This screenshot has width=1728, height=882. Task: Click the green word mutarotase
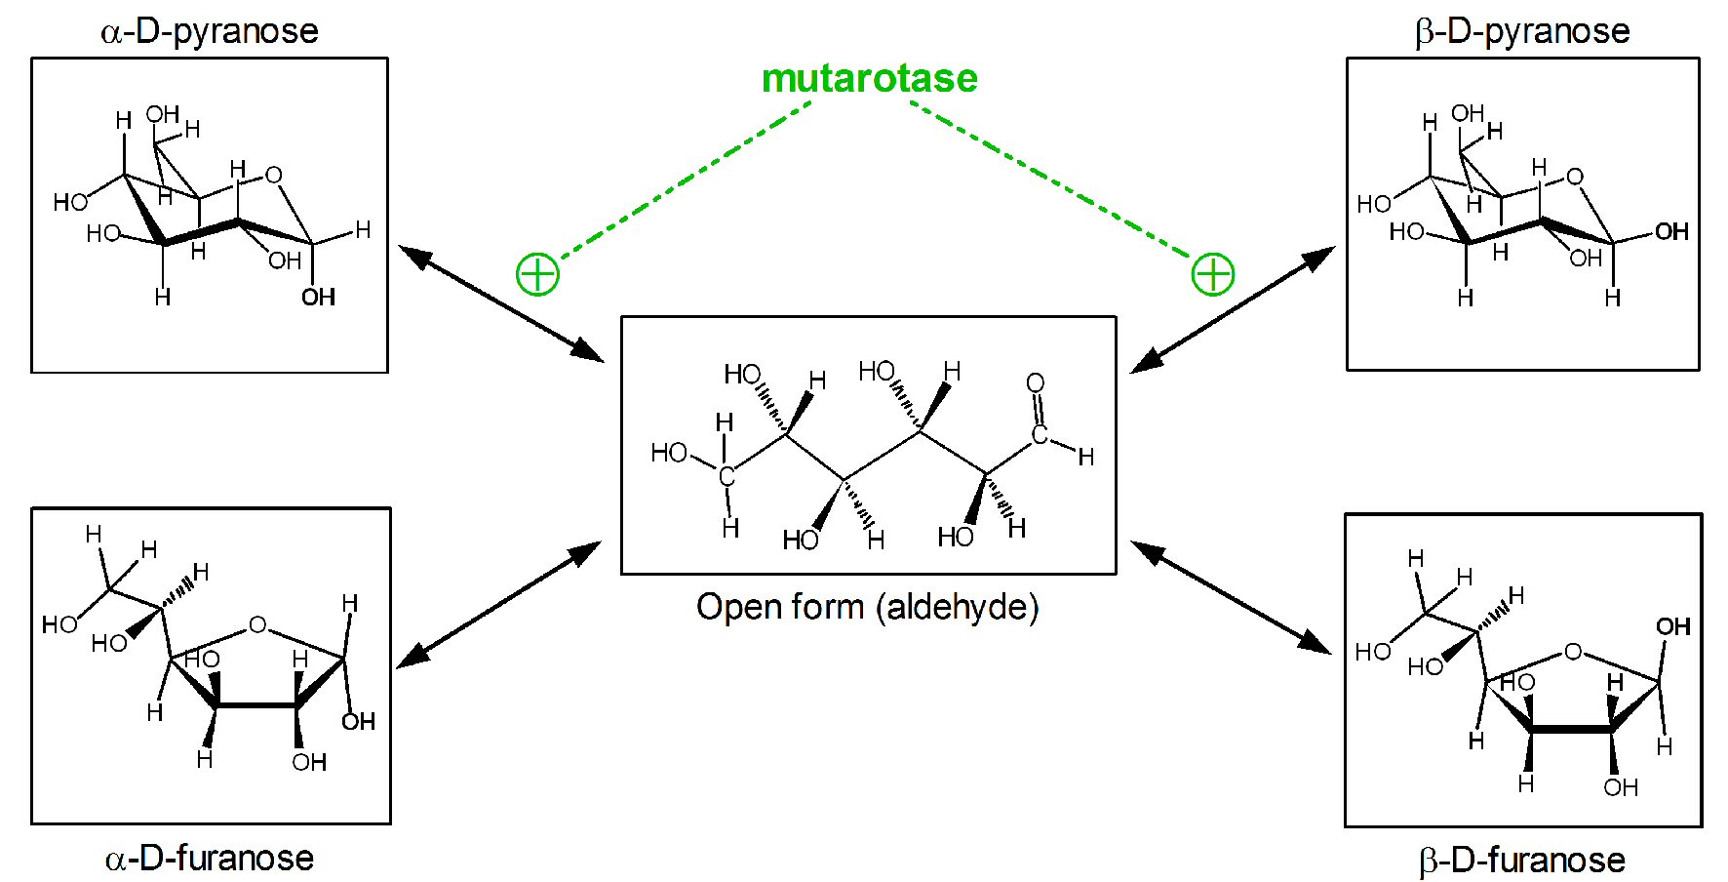coord(869,78)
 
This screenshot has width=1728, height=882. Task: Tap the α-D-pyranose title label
coord(209,30)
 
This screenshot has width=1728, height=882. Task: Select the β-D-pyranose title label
coord(1521,30)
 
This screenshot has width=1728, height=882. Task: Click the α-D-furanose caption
coord(209,858)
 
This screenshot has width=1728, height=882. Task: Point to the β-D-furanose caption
coord(1521,860)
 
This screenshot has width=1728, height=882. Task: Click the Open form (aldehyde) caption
coord(867,606)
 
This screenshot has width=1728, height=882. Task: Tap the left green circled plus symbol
coord(537,274)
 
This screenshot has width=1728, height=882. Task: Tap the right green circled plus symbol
coord(1213,274)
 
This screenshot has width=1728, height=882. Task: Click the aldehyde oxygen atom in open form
coord(1036,382)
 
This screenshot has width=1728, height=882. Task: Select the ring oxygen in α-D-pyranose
coord(274,175)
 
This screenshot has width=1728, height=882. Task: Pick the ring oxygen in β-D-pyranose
coord(1575,177)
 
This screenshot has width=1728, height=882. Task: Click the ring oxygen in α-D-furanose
coord(257,624)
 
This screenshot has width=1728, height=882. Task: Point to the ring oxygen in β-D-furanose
coord(1572,651)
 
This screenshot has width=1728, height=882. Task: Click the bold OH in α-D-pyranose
coord(318,297)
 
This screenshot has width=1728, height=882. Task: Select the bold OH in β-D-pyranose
coord(1671,231)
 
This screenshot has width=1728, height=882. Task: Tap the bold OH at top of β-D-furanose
coord(1673,626)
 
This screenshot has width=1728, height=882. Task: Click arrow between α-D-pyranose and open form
coord(501,303)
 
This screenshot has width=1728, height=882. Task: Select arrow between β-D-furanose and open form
coord(1231,597)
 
